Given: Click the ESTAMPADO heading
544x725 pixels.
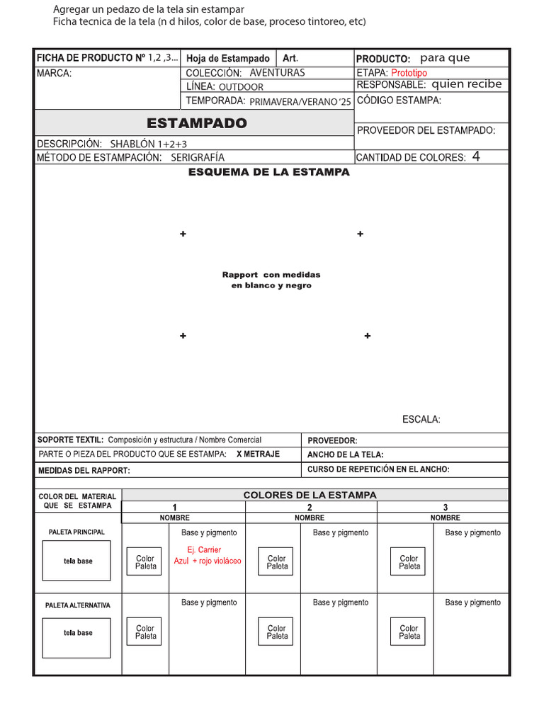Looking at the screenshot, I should click(197, 123).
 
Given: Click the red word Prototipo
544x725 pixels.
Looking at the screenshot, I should click(409, 73).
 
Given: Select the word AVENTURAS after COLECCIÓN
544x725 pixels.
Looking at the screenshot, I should click(277, 73).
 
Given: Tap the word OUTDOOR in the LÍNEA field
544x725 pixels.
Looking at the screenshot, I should click(241, 87).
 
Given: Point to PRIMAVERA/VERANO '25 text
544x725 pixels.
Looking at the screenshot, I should click(300, 102).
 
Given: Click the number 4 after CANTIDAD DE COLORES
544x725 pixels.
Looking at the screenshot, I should click(476, 156).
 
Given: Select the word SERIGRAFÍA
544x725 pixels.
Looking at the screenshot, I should click(198, 158).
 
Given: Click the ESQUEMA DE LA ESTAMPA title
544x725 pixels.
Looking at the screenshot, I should click(269, 172).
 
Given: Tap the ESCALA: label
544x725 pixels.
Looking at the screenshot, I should click(421, 420).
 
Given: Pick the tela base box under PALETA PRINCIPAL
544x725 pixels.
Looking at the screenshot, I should click(76, 561).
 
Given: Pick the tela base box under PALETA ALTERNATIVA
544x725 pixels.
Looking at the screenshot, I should click(76, 633).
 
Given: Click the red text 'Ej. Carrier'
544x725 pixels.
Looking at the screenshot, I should click(204, 550).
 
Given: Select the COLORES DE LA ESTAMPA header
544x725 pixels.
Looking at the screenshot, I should click(310, 495).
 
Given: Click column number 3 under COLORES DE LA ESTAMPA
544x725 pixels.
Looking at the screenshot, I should click(444, 508).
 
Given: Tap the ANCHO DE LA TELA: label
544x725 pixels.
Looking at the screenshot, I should click(346, 455).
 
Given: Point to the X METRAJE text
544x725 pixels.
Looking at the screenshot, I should click(258, 454).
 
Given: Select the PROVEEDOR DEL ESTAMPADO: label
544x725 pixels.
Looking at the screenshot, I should click(426, 130).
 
